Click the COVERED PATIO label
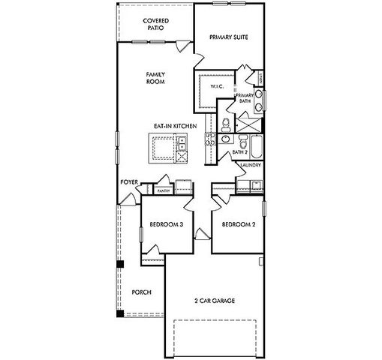[x=155, y=24]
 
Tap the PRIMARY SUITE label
[x=228, y=37]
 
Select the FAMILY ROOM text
[x=155, y=77]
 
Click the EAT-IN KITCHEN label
[x=175, y=127]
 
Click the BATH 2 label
[x=239, y=152]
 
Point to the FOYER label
[x=128, y=182]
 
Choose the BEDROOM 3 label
[x=166, y=223]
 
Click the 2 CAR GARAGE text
[x=214, y=301]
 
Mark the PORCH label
[x=141, y=292]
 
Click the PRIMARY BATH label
[x=245, y=97]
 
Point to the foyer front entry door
[x=129, y=198]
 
